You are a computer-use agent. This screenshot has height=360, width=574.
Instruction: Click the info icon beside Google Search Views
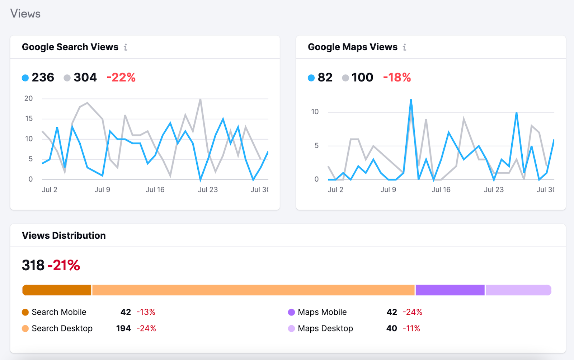(126, 47)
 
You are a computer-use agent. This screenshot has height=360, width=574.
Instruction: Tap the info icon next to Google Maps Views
(404, 47)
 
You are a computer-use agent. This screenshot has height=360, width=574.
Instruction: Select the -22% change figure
(121, 77)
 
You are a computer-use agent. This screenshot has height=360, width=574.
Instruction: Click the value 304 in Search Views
(85, 77)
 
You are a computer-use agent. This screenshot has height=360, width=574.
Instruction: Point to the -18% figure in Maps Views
(397, 77)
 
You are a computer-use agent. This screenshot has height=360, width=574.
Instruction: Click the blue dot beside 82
(311, 78)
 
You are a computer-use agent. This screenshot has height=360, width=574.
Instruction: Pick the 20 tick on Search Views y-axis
(28, 98)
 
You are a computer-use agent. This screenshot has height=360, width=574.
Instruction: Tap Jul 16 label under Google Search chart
(155, 190)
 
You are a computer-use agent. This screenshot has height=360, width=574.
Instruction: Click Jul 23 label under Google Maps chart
(494, 190)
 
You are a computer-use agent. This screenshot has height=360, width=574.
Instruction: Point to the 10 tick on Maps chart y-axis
(315, 112)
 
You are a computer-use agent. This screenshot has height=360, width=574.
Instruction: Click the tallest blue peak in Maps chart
(411, 100)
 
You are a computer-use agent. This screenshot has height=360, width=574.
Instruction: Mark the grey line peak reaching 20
(200, 99)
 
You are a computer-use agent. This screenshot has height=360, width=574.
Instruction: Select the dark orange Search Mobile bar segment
(57, 290)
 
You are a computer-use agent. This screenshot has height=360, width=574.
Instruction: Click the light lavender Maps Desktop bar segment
(518, 290)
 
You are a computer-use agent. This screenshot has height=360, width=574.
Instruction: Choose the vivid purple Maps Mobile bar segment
(450, 290)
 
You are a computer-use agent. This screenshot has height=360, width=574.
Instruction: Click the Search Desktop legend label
(62, 328)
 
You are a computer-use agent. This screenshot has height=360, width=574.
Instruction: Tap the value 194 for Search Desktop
(123, 328)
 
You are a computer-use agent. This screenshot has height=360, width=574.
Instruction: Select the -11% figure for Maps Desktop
(411, 328)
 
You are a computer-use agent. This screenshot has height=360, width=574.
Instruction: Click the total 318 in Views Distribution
(33, 265)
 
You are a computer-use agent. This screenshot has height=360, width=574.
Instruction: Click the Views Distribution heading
(64, 235)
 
